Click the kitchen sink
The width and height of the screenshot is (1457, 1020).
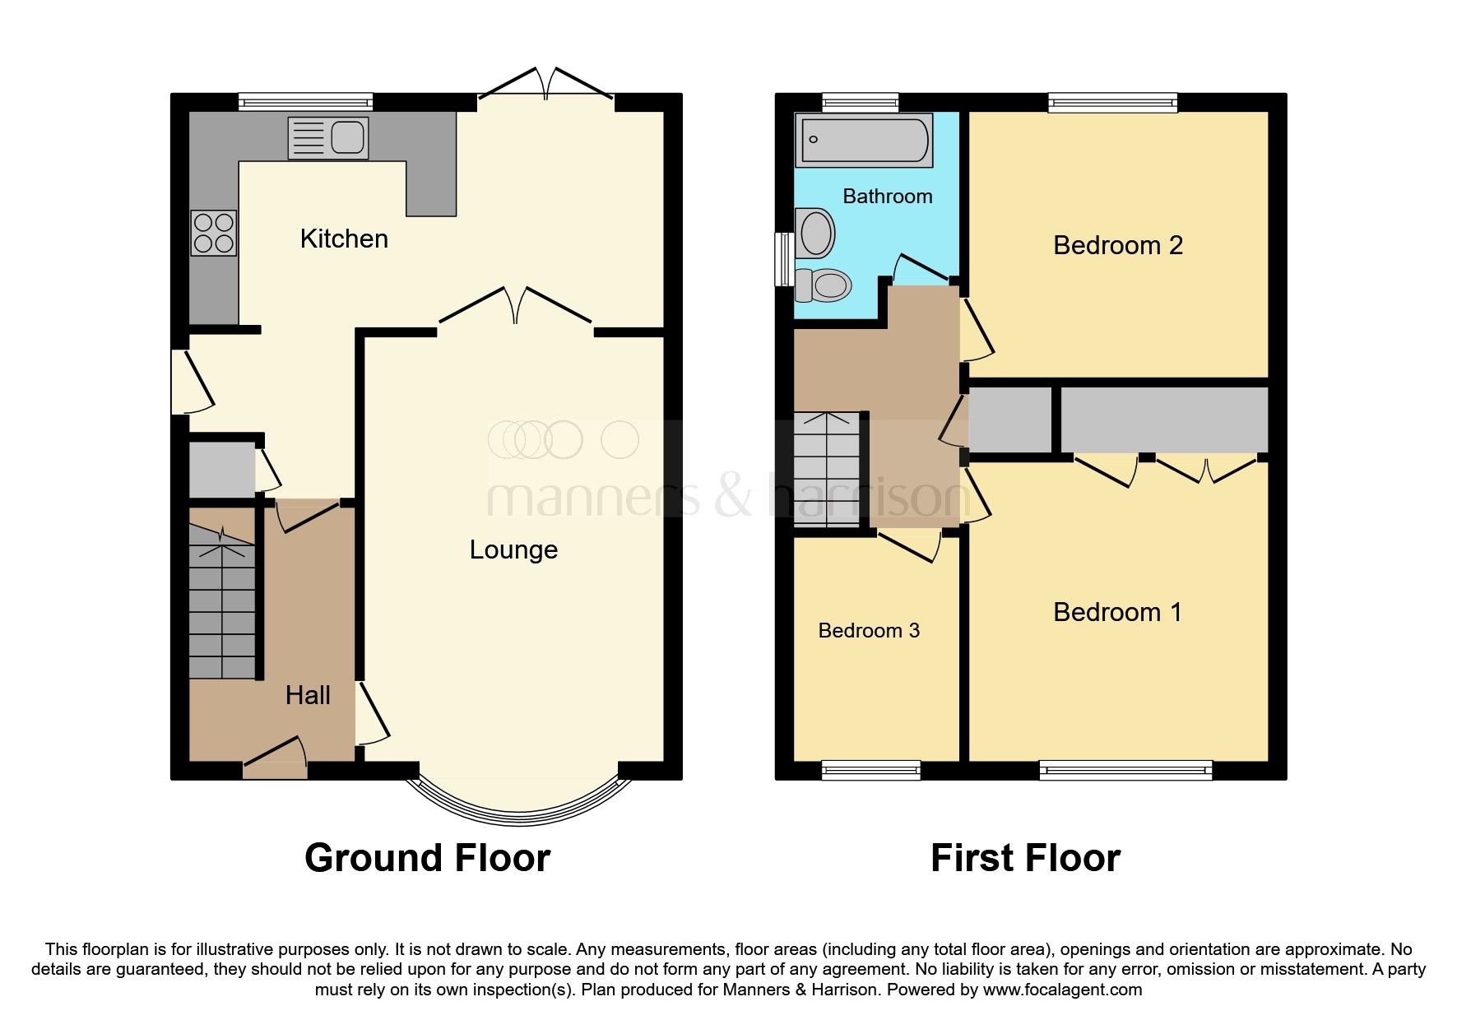tap(328, 137)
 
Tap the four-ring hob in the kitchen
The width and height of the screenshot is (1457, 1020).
tap(214, 232)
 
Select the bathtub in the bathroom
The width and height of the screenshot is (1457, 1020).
tap(864, 140)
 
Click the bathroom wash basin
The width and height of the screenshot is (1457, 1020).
tap(815, 233)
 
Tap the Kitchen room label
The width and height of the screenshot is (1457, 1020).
tap(344, 239)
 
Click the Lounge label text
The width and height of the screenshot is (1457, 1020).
tap(513, 549)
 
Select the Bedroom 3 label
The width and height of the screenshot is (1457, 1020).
tap(869, 631)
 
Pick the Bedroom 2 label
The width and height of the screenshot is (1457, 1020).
tap(1117, 245)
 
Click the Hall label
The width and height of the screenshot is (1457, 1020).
tap(308, 696)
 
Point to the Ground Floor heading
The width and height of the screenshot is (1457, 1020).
tap(427, 859)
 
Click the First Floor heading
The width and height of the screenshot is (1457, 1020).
tap(1025, 859)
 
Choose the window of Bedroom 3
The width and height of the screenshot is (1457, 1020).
tap(870, 770)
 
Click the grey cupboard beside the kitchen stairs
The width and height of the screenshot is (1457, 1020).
tap(220, 471)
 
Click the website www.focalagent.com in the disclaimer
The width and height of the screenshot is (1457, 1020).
tap(1062, 990)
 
